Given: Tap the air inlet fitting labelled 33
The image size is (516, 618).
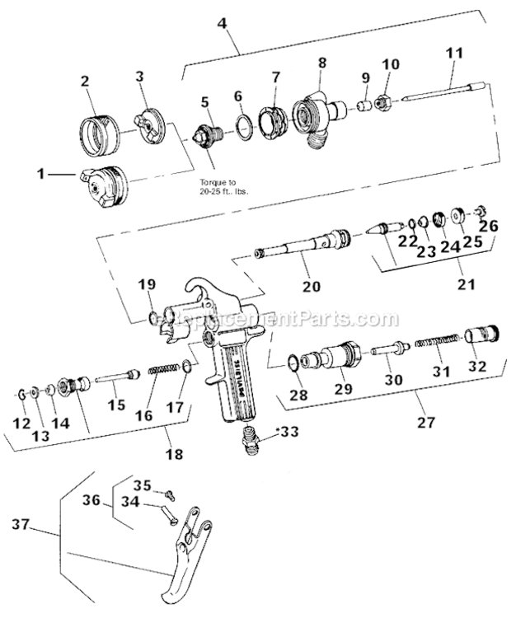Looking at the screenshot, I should click(251, 442).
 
